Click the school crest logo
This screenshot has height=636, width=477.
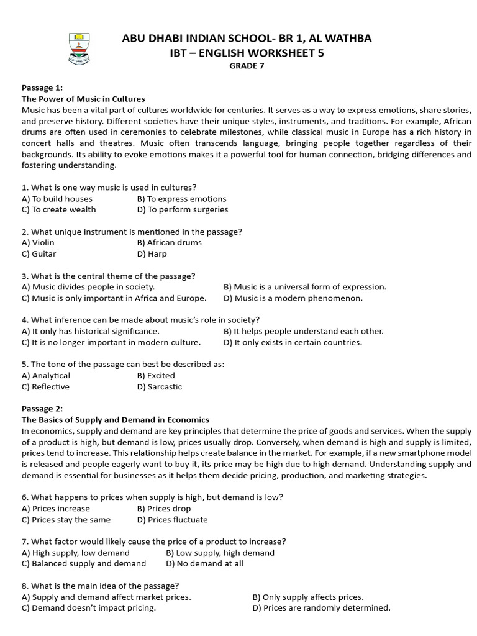79,45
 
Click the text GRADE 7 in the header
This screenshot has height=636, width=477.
247,67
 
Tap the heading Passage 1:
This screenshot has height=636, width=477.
42,88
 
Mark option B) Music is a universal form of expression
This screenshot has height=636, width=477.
304,287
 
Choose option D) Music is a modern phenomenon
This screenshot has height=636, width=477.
293,298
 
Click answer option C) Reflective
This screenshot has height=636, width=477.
45,387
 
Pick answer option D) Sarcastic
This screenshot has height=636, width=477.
160,387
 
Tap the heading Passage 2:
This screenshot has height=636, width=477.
42,409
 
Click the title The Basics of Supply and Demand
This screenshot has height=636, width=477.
116,420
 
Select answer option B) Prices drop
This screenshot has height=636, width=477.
164,509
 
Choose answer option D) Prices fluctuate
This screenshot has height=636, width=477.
172,520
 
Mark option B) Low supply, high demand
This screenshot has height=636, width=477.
220,553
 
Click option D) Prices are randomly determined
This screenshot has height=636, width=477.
321,608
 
